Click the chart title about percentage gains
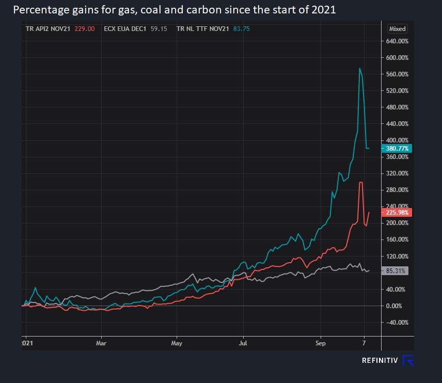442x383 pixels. coord(175,10)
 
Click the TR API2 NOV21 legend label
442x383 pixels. coord(48,29)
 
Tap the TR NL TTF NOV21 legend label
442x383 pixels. coord(202,29)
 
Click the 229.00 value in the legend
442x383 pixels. coord(84,29)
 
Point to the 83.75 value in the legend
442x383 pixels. coord(241,29)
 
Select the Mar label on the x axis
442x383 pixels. coord(101,343)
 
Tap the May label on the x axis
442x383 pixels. coord(177,343)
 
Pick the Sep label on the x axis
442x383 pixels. coord(321,343)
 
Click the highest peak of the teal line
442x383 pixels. coord(359,68)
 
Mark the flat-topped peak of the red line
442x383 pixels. coord(361,182)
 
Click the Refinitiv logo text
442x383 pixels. coord(380,360)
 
